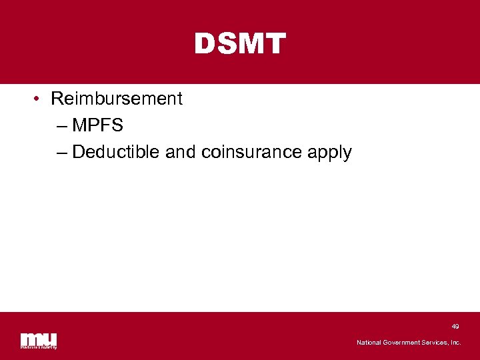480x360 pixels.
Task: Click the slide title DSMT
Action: point(240,45)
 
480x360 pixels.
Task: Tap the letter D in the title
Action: point(204,45)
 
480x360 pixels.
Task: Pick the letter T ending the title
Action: point(275,45)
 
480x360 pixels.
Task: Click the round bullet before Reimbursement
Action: point(37,99)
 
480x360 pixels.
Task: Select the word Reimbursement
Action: point(116,99)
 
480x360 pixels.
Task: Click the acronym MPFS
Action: point(98,125)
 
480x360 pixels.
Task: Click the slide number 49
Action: point(455,327)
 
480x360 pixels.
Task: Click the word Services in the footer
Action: point(436,343)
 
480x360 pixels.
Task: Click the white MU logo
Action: point(39,340)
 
